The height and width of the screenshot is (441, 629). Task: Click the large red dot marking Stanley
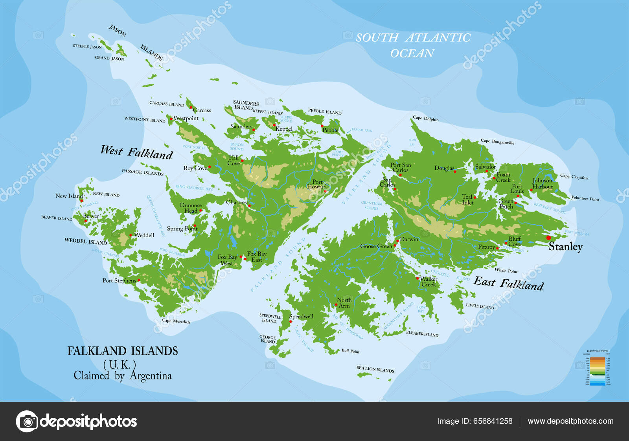(548, 238)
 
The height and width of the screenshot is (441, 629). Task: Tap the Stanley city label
(565, 247)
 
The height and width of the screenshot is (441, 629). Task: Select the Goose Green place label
(376, 246)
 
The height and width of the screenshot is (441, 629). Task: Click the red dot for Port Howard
(325, 191)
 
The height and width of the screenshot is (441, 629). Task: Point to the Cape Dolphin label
(425, 118)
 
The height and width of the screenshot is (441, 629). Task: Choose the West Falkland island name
(136, 152)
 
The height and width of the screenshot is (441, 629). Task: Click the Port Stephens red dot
(139, 280)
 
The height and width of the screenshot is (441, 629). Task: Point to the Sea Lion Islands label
(375, 369)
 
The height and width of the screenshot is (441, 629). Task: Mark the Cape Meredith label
(176, 321)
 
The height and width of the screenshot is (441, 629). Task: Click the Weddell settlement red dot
(131, 235)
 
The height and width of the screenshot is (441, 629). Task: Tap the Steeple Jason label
(87, 46)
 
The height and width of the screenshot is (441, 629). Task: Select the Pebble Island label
(325, 112)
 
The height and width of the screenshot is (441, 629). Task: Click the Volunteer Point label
(585, 198)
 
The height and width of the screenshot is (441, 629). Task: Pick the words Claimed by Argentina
(123, 376)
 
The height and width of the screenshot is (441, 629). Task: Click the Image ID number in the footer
(493, 421)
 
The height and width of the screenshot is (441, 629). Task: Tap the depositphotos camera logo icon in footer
(27, 421)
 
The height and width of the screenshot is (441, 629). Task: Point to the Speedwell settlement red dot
(291, 322)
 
